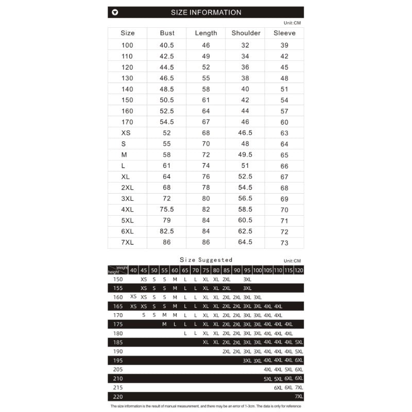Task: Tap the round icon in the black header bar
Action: pyautogui.click(x=115, y=12)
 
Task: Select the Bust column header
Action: pyautogui.click(x=167, y=33)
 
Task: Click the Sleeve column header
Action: pyautogui.click(x=284, y=33)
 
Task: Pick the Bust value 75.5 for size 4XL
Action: pyautogui.click(x=167, y=210)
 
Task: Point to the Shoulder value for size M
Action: pyautogui.click(x=245, y=154)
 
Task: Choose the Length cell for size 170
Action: pyautogui.click(x=206, y=122)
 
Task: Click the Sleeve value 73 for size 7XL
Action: pyautogui.click(x=284, y=243)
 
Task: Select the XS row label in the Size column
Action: pyautogui.click(x=126, y=133)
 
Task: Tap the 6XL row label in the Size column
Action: pyautogui.click(x=127, y=232)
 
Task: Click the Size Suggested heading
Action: pyautogui.click(x=206, y=260)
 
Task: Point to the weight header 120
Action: pyautogui.click(x=299, y=270)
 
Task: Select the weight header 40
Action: pyautogui.click(x=133, y=270)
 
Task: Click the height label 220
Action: pyautogui.click(x=118, y=397)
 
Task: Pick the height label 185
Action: pyautogui.click(x=118, y=342)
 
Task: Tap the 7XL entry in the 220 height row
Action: pyautogui.click(x=299, y=397)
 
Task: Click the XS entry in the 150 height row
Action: pyautogui.click(x=144, y=279)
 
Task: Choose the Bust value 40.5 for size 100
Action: pyautogui.click(x=167, y=45)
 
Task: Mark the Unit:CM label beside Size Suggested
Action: pyautogui.click(x=291, y=261)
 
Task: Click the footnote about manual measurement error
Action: pyautogui.click(x=206, y=406)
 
